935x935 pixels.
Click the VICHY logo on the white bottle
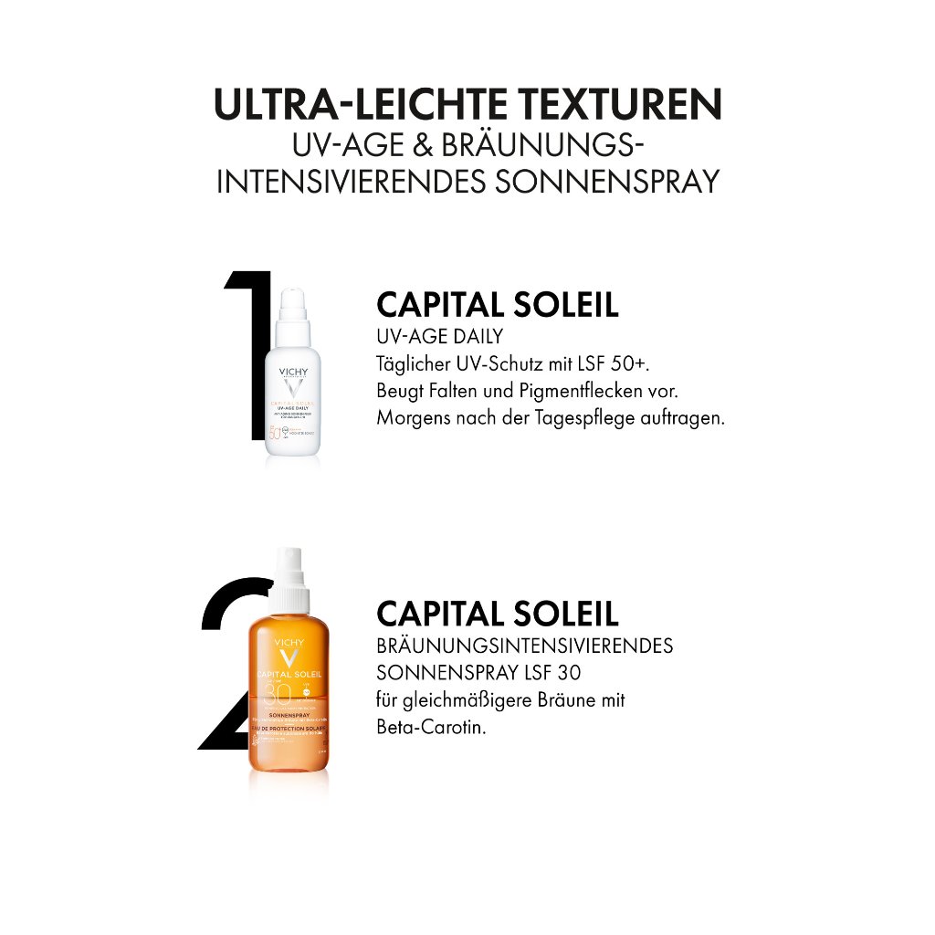point(292,373)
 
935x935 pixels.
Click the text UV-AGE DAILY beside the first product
point(439,337)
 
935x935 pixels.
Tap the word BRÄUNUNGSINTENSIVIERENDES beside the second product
point(524,646)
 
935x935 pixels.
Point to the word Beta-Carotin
point(430,729)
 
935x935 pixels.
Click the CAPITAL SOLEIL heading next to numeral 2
point(497,613)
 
